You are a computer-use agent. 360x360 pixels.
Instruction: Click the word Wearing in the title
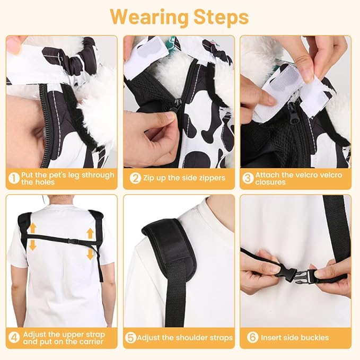[x=149, y=16]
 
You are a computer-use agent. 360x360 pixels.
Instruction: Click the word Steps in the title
[x=221, y=16]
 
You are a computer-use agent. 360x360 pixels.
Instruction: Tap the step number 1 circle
[x=14, y=178]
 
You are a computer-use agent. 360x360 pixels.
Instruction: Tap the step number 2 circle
[x=135, y=178]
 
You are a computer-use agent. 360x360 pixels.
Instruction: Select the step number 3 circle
[x=248, y=178]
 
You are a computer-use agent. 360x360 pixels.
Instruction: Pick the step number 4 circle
[x=14, y=338]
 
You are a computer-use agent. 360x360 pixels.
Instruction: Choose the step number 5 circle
[x=130, y=338]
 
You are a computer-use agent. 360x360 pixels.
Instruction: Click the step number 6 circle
[x=252, y=337]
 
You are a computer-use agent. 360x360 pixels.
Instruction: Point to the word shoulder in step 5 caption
[x=188, y=338]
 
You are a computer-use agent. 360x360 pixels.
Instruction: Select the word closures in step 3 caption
[x=270, y=182]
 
